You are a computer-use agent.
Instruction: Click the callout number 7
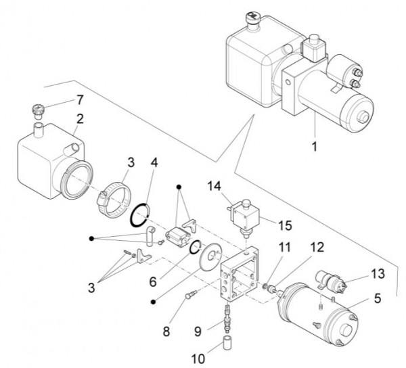pos(80,100)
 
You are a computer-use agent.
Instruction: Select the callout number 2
pos(80,119)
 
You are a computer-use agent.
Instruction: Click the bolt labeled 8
pos(191,296)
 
